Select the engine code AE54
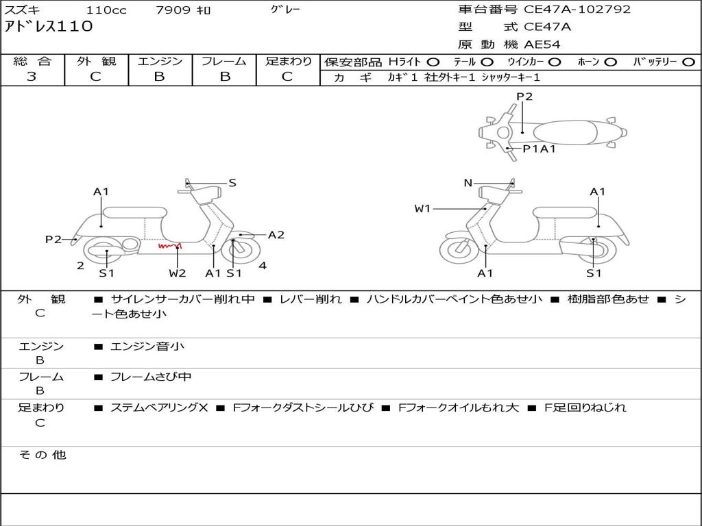pyautogui.click(x=542, y=45)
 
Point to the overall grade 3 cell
pyautogui.click(x=32, y=77)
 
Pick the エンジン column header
pyautogui.click(x=160, y=61)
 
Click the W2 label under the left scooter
pyautogui.click(x=177, y=273)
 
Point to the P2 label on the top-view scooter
pyautogui.click(x=524, y=97)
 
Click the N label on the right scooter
pyautogui.click(x=468, y=183)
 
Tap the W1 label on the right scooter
pyautogui.click(x=422, y=208)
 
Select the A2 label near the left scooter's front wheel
pyautogui.click(x=276, y=235)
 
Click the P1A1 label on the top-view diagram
pyautogui.click(x=539, y=149)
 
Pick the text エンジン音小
pyautogui.click(x=147, y=347)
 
